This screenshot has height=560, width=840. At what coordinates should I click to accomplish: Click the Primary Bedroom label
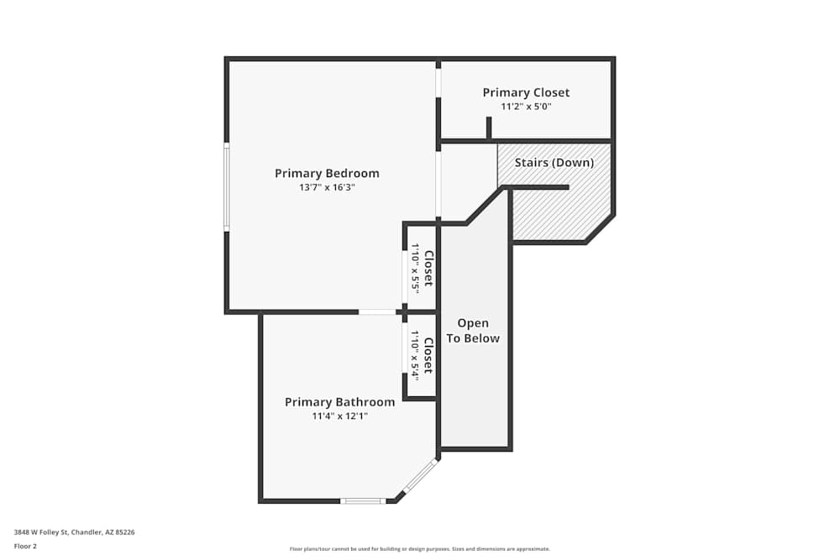coord(327,174)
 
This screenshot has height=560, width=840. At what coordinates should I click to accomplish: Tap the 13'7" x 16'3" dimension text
coord(327,187)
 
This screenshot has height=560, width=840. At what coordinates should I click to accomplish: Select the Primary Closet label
coord(526,92)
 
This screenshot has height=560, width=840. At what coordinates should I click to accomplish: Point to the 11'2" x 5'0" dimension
coord(526,107)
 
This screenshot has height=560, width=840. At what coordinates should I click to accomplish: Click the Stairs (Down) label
coord(554,163)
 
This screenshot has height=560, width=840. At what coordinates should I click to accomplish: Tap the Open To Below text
coord(473,331)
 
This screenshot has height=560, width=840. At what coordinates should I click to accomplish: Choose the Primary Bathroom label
coord(339,402)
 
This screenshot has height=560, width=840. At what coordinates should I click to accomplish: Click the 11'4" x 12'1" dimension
coord(339,416)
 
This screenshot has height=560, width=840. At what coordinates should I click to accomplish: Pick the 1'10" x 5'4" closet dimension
coord(415,355)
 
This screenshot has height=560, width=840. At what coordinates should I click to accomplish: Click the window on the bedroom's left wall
coord(227,187)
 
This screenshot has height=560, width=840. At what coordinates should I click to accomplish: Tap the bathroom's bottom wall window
coord(363,501)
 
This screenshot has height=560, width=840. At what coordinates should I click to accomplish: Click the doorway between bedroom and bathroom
coord(377,311)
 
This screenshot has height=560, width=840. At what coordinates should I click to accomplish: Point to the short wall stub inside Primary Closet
coord(489,128)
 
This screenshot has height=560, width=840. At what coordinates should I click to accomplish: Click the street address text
coord(75,532)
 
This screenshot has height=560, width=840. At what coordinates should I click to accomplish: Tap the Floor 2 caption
coord(25,546)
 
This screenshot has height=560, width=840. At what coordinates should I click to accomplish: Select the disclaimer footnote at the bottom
coord(420,549)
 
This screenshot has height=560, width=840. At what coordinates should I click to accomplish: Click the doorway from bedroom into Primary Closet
coord(438,83)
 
